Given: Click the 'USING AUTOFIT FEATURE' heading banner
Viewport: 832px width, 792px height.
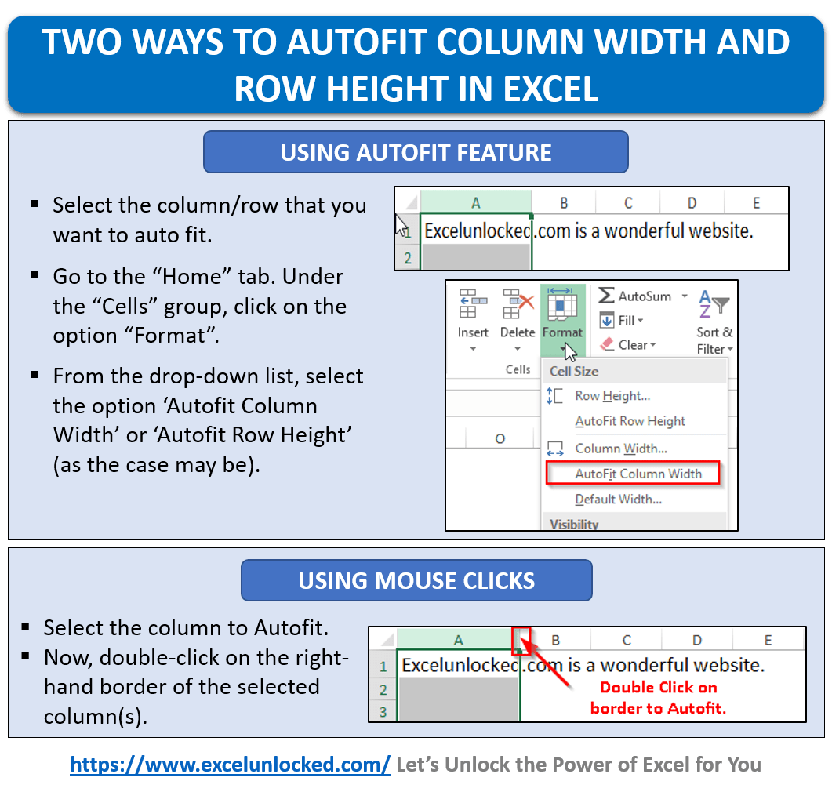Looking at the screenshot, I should [x=416, y=152].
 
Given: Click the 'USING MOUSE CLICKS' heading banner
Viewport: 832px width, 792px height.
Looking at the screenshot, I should [x=416, y=581].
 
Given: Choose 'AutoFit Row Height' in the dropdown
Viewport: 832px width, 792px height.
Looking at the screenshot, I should [x=630, y=421].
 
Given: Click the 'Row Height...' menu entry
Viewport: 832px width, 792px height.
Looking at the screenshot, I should [x=612, y=396].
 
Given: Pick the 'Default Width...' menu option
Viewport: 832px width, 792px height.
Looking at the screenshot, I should [x=618, y=499].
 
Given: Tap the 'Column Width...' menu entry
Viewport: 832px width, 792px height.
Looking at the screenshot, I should [x=620, y=449].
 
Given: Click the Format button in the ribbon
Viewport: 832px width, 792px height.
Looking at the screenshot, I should [x=562, y=318].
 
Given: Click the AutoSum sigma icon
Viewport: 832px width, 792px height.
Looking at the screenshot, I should [x=606, y=296].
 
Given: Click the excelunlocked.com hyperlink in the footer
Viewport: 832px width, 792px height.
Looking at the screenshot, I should [x=231, y=764].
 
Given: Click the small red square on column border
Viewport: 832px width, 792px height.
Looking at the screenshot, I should [x=521, y=641].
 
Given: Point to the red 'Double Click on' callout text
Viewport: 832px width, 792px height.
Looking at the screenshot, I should [x=659, y=688].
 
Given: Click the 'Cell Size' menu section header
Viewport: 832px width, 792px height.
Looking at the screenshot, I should [x=574, y=371].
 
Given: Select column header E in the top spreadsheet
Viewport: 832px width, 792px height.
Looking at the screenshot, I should [x=756, y=203].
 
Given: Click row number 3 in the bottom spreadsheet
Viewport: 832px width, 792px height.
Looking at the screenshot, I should [x=383, y=712].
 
